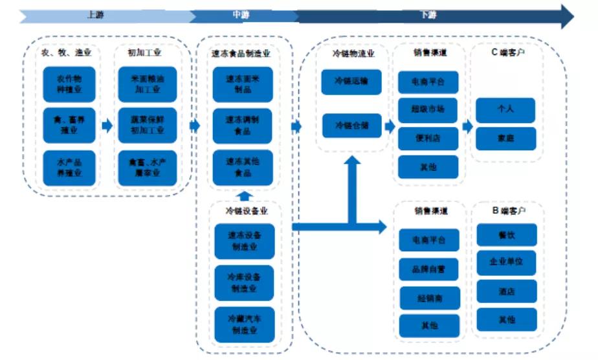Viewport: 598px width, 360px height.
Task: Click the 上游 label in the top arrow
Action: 94,14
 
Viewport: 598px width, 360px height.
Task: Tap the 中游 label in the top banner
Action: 241,14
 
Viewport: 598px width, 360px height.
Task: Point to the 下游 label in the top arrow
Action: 428,14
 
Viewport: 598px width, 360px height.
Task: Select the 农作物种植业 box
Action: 69,84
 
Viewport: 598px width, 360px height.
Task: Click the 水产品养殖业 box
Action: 69,168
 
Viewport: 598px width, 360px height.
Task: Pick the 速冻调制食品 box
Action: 243,126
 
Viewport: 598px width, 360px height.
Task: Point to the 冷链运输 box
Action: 351,82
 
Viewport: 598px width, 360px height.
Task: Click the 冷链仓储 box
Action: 351,126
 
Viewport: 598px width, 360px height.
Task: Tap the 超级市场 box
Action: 428,110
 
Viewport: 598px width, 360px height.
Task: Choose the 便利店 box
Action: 428,138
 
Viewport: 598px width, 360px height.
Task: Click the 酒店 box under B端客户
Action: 507,291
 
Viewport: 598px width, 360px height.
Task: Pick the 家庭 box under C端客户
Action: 506,139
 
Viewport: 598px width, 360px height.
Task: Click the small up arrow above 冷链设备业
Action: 244,195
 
